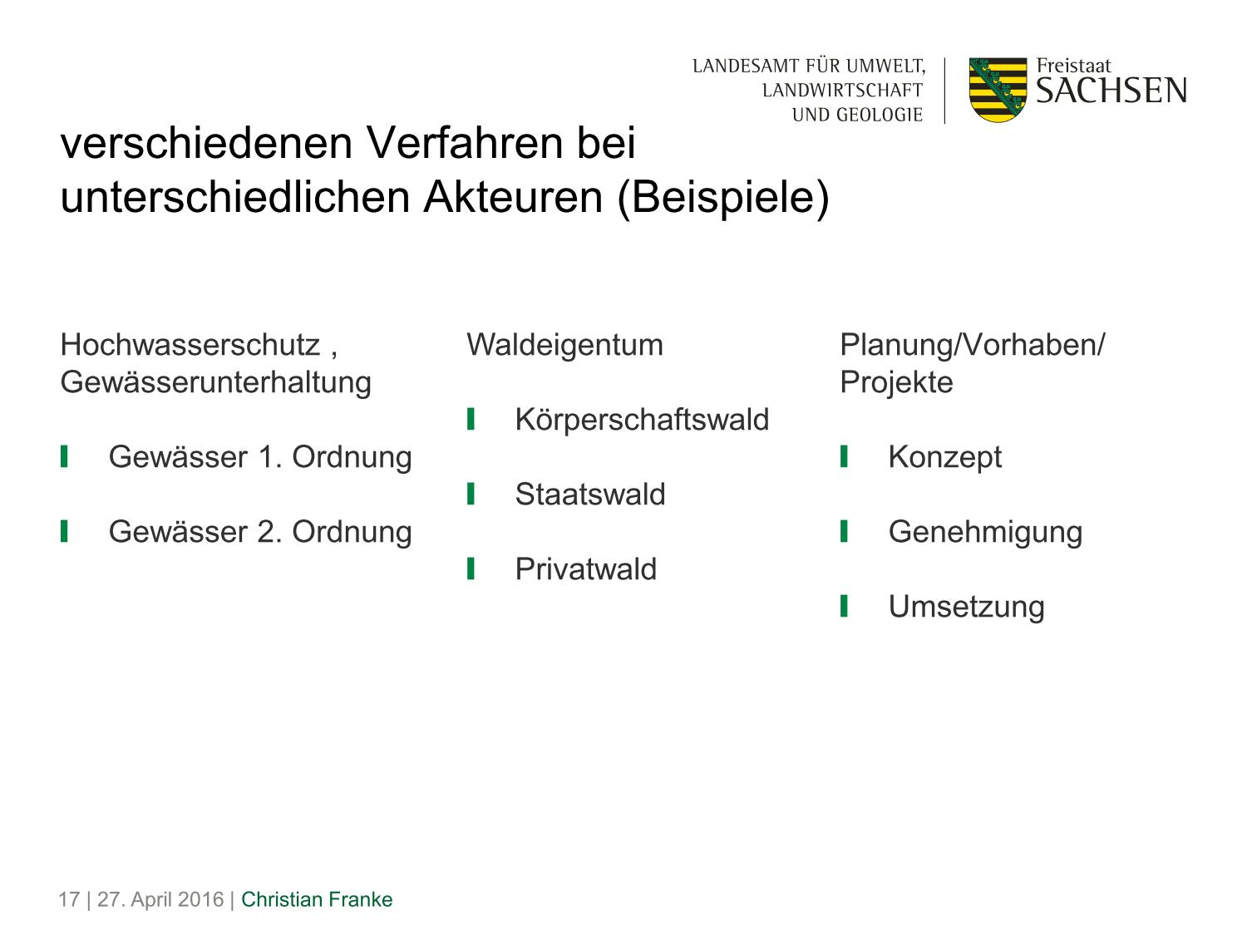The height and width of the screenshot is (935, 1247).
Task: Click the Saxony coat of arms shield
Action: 998,90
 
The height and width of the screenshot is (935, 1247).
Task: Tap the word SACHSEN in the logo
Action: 1111,91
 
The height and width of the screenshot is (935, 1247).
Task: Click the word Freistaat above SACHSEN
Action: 1074,66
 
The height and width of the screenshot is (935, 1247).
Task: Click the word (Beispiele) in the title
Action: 723,198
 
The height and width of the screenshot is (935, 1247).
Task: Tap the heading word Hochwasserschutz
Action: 190,345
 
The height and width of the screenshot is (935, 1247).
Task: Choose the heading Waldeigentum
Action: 564,345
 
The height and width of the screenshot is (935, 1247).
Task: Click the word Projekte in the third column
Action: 896,382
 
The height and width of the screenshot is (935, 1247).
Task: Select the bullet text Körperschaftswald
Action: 642,420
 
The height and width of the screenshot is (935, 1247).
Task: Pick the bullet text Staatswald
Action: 590,494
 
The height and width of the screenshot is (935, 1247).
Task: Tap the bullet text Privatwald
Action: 586,568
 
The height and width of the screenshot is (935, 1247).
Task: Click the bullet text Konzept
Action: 944,457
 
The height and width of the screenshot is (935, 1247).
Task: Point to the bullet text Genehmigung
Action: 985,533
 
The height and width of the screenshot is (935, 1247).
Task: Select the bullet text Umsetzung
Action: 966,607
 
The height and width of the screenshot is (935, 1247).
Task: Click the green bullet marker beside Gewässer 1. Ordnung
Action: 64,456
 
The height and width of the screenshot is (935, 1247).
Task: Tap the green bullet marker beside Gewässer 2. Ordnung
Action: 64,531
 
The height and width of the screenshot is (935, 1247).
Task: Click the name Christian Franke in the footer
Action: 317,899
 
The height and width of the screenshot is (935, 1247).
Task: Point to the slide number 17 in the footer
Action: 69,899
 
